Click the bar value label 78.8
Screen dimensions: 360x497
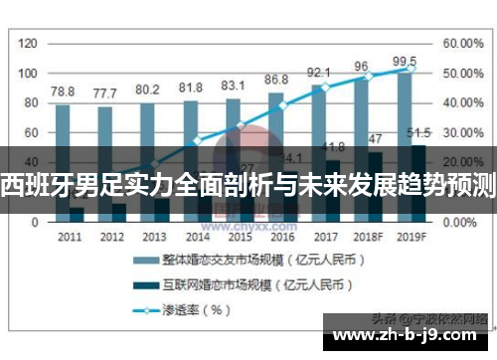click(x=63, y=90)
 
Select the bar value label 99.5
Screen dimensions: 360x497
click(x=404, y=62)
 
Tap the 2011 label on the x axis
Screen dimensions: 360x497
click(x=70, y=238)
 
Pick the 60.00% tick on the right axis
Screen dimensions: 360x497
click(x=463, y=44)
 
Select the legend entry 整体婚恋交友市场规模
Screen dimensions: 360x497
click(x=248, y=260)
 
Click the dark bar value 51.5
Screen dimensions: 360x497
click(x=418, y=132)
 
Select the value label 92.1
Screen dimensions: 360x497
click(x=318, y=72)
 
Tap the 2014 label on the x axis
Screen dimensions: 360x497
click(x=198, y=238)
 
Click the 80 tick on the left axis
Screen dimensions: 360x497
click(x=30, y=103)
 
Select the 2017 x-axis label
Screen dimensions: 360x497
click(x=325, y=238)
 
